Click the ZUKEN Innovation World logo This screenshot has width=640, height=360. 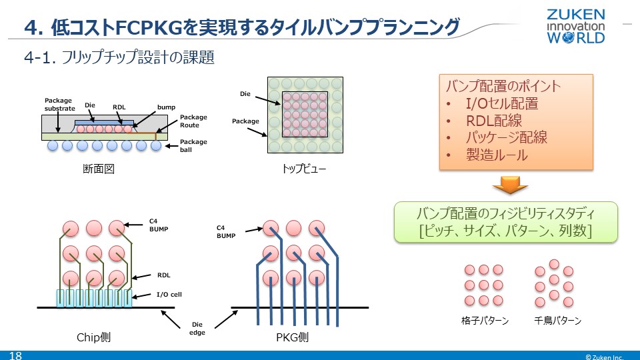click(x=575, y=26)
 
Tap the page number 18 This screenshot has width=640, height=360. click(x=15, y=355)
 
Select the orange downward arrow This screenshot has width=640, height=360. click(x=510, y=185)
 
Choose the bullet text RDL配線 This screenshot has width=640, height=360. click(x=493, y=121)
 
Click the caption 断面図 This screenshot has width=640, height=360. click(x=99, y=169)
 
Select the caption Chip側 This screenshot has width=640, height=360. click(x=93, y=337)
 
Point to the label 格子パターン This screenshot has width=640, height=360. click(x=485, y=321)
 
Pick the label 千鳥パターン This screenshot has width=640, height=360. click(x=558, y=321)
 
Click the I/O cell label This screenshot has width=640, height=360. click(x=169, y=294)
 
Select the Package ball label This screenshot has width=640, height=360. click(x=193, y=145)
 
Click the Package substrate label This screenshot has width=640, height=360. click(x=59, y=105)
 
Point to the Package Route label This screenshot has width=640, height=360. click(x=193, y=121)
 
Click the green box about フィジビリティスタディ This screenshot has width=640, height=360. click(x=505, y=222)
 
